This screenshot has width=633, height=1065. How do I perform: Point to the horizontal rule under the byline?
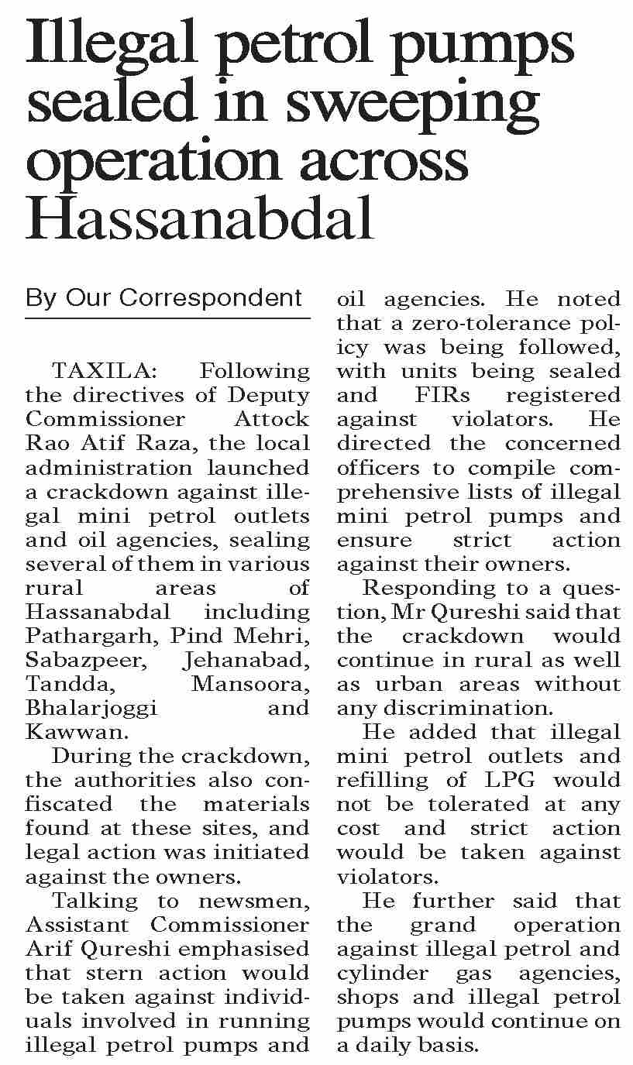point(167,318)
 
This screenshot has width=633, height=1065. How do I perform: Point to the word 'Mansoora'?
point(250,684)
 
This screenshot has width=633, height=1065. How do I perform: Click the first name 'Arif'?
point(49,948)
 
